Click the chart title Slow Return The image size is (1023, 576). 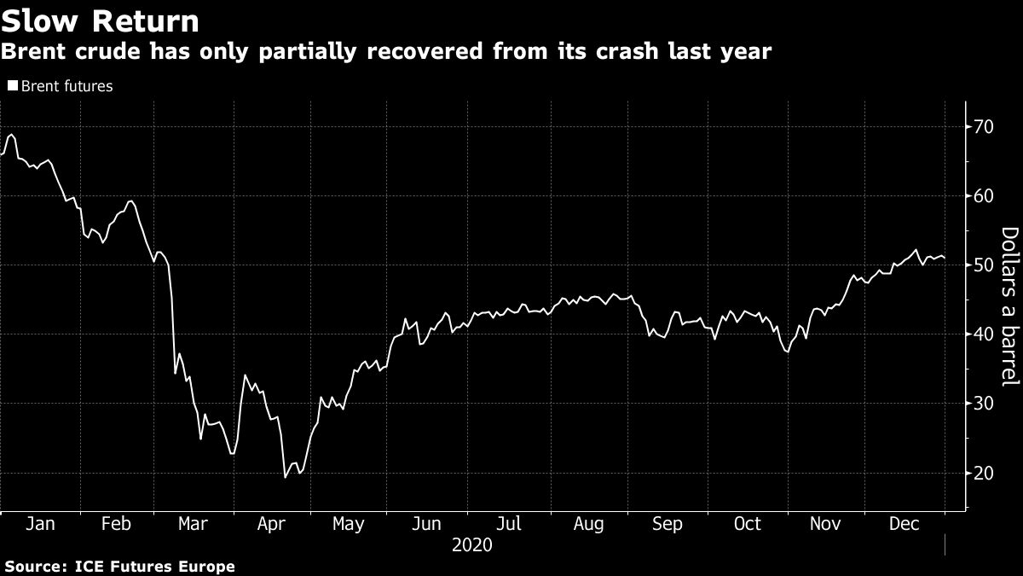[101, 21]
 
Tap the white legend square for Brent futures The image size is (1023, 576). [12, 86]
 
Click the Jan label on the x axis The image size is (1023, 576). [40, 524]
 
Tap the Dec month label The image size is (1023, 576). [905, 524]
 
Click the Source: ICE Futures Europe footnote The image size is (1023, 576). [119, 566]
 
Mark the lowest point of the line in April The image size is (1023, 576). [285, 477]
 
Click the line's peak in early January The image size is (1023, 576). [10, 135]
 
